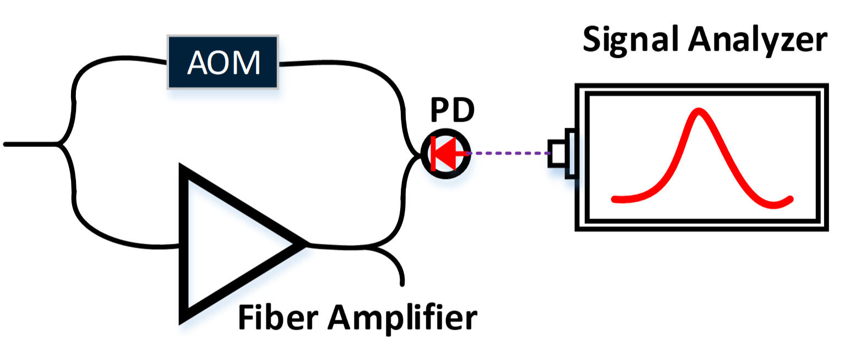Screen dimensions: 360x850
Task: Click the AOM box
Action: pyautogui.click(x=223, y=62)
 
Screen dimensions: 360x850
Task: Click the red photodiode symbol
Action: pyautogui.click(x=445, y=154)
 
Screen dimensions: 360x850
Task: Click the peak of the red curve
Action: pyautogui.click(x=699, y=111)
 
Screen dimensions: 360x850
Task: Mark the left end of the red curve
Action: pyautogui.click(x=614, y=199)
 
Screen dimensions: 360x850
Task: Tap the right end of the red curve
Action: pyautogui.click(x=790, y=199)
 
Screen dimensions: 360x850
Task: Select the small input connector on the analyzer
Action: pyautogui.click(x=558, y=153)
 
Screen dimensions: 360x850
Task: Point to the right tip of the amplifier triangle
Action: pyautogui.click(x=306, y=243)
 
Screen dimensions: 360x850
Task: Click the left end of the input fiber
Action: pyautogui.click(x=6, y=144)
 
